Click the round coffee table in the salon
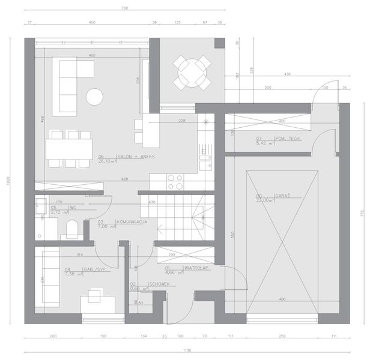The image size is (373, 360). pyautogui.click(x=94, y=96)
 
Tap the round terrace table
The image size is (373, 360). pyautogui.click(x=192, y=73)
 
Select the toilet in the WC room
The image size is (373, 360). pyautogui.click(x=71, y=228)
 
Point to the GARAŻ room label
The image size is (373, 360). pyautogui.click(x=265, y=196)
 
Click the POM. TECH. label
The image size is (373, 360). pyautogui.click(x=287, y=139)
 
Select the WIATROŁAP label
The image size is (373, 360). pyautogui.click(x=196, y=268)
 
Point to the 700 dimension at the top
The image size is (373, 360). pyautogui.click(x=125, y=8)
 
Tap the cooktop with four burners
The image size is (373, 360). pyautogui.click(x=175, y=182)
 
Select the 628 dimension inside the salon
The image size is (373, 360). pyautogui.click(x=125, y=178)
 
